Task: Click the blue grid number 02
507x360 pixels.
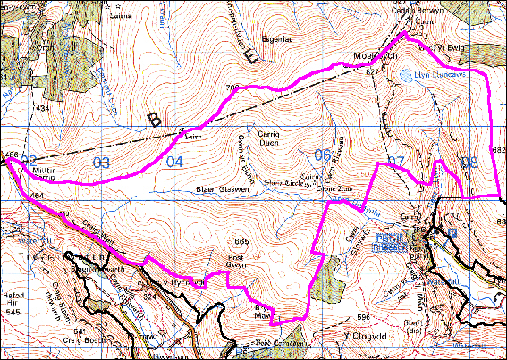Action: tap(29, 161)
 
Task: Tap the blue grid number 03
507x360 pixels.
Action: tap(101, 163)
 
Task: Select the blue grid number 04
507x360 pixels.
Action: tap(173, 162)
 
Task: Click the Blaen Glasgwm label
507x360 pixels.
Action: tap(217, 189)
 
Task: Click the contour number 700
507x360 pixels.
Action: tap(235, 87)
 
